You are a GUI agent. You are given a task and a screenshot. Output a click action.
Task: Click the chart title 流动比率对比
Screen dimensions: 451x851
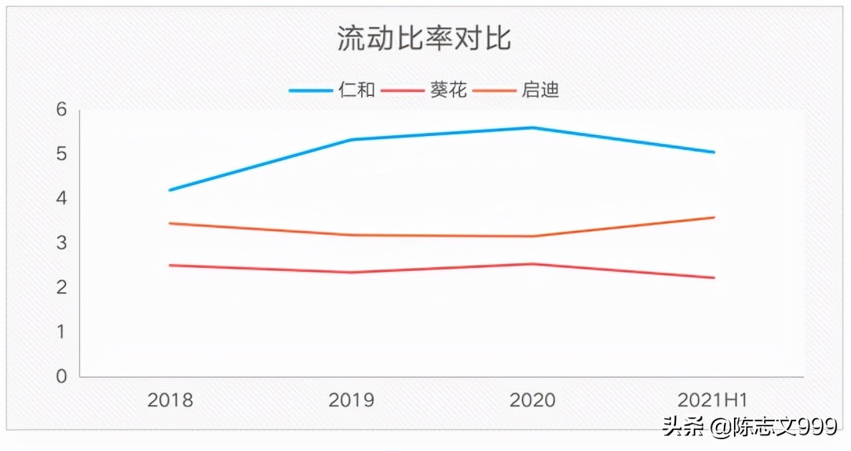(424, 38)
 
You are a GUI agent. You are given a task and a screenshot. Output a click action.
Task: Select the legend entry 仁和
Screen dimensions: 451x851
(356, 90)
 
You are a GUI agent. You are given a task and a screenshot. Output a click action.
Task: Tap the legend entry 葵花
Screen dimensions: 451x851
(448, 90)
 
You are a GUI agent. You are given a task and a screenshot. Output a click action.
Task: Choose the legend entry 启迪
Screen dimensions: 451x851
(540, 90)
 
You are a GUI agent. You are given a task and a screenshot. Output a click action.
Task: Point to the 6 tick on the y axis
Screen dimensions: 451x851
(61, 110)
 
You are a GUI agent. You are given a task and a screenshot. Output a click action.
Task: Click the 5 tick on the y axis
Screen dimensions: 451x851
(61, 154)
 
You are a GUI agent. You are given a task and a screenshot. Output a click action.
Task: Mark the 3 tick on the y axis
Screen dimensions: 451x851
(61, 243)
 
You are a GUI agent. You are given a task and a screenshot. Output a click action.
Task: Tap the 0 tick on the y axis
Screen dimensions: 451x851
(61, 376)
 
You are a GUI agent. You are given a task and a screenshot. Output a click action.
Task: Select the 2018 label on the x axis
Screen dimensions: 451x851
(170, 401)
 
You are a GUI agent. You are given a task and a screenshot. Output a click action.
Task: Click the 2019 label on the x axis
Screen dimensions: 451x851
(351, 401)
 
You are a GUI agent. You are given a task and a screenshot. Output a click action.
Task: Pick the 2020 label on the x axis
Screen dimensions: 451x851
(532, 401)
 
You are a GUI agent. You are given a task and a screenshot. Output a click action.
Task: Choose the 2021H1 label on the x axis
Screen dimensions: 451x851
(713, 401)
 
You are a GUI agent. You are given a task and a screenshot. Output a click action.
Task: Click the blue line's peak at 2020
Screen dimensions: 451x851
(532, 127)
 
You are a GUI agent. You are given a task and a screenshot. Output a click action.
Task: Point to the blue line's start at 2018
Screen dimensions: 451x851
(170, 190)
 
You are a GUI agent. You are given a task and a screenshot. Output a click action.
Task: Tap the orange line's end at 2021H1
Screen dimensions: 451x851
(714, 218)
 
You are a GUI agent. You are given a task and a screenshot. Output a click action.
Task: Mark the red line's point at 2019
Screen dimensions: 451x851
(351, 273)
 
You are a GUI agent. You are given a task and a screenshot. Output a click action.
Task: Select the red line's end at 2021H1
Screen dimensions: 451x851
(714, 277)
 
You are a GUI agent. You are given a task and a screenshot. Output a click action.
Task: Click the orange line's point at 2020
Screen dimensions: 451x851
(532, 236)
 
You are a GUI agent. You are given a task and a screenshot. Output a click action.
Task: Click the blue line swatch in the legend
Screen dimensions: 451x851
(312, 90)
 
